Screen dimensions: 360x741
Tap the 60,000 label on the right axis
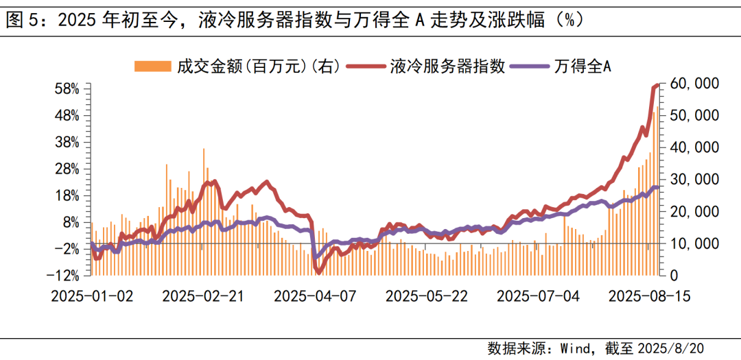click(694, 84)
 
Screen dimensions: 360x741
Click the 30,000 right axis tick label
click(694, 180)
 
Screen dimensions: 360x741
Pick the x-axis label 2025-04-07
click(316, 296)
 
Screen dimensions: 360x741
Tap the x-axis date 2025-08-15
click(650, 296)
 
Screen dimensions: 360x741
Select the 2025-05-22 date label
click(427, 296)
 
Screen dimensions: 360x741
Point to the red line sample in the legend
click(365, 66)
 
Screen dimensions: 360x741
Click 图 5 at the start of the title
click(22, 20)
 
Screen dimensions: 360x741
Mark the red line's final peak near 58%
click(657, 85)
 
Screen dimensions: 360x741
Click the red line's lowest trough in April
click(318, 272)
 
